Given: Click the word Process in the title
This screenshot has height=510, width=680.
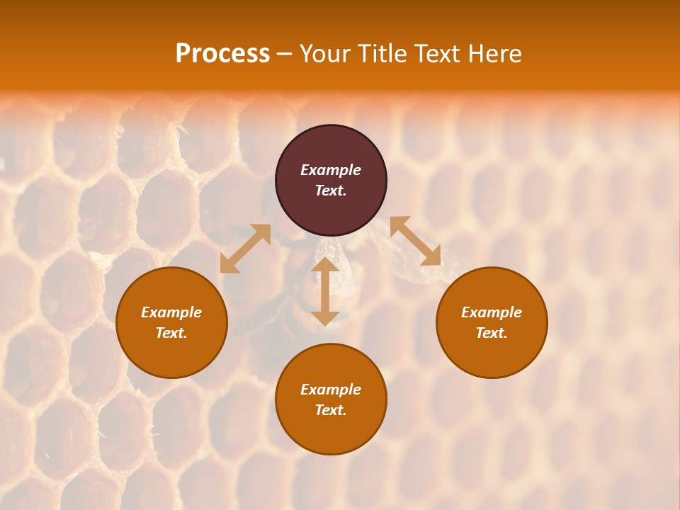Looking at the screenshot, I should pyautogui.click(x=222, y=54).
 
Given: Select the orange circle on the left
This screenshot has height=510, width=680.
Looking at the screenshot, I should pyautogui.click(x=171, y=354).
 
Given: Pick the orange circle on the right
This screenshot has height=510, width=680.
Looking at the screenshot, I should pyautogui.click(x=492, y=354).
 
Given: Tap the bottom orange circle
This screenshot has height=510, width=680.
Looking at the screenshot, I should pyautogui.click(x=331, y=433).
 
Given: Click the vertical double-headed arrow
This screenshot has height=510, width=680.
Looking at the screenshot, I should pyautogui.click(x=325, y=291).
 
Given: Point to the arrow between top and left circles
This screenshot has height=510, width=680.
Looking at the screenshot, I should pyautogui.click(x=245, y=249).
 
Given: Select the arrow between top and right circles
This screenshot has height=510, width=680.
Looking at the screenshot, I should pyautogui.click(x=415, y=241).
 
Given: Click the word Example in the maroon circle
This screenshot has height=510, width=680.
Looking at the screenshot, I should pyautogui.click(x=331, y=170).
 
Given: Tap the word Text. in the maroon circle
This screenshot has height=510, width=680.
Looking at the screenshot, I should pyautogui.click(x=331, y=191).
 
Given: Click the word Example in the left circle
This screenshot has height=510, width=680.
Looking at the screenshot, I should pyautogui.click(x=171, y=312).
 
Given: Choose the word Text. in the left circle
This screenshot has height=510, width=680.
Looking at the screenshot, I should pyautogui.click(x=171, y=333).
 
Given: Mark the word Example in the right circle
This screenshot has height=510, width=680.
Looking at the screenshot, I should pyautogui.click(x=492, y=312).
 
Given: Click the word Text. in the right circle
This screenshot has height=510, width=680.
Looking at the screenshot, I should pyautogui.click(x=492, y=333).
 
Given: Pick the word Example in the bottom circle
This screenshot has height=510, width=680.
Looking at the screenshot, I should pyautogui.click(x=331, y=390).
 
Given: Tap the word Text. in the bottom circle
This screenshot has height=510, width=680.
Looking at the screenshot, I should pyautogui.click(x=331, y=410).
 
